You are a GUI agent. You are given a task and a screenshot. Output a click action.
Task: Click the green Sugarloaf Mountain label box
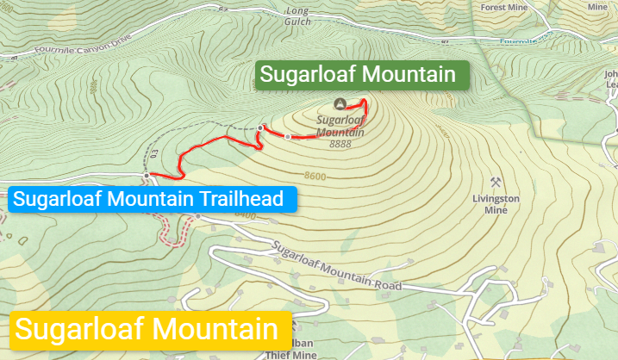click(362, 75)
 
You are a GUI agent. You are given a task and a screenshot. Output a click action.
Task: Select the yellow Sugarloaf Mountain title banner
click(147, 329)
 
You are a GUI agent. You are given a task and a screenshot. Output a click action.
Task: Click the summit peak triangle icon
click(340, 103)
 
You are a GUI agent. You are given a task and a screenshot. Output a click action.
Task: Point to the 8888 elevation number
click(340, 144)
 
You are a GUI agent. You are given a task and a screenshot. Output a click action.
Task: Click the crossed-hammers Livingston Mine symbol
click(496, 183)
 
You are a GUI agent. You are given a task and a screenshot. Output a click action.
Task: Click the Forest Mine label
click(504, 6)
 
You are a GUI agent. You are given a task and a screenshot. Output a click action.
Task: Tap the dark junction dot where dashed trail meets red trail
click(260, 128)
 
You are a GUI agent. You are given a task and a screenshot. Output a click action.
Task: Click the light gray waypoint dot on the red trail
click(288, 136)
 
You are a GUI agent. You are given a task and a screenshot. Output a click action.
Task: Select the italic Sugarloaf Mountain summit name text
click(340, 127)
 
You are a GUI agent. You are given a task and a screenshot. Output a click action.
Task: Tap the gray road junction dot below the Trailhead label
click(197, 216)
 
